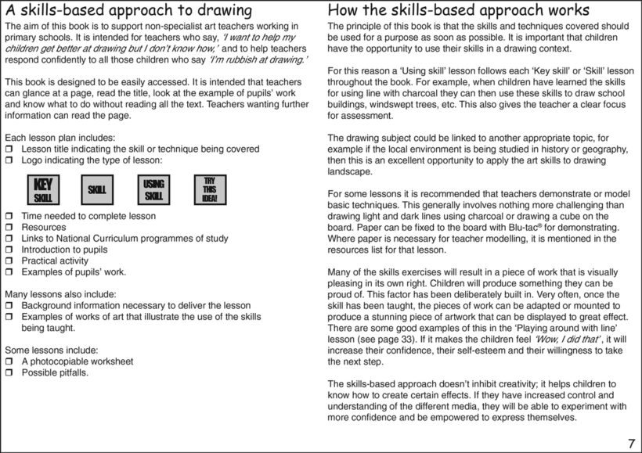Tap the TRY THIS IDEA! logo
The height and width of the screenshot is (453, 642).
coord(209,189)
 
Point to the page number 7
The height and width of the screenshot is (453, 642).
coord(631,444)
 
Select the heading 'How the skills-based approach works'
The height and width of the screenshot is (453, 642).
coord(458,11)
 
